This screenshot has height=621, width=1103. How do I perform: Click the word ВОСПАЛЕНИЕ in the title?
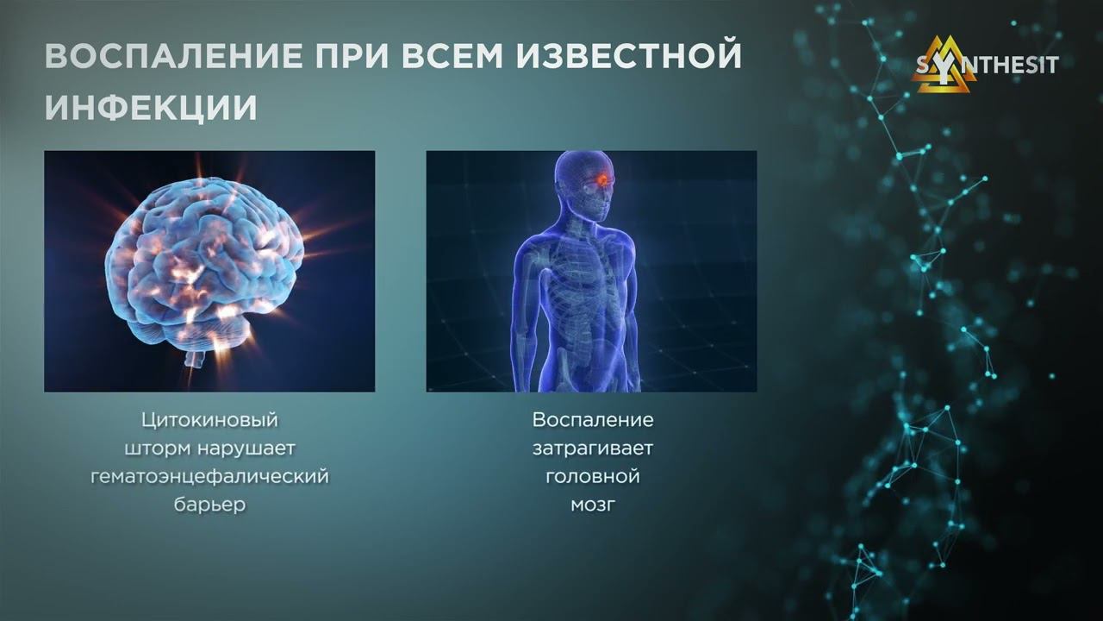coord(174,56)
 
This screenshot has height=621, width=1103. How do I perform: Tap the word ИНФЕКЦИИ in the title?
coord(151,108)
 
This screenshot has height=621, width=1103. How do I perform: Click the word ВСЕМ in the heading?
coord(452,56)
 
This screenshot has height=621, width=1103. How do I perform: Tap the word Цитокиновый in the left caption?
coord(209,420)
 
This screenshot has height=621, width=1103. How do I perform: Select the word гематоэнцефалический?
coord(209,477)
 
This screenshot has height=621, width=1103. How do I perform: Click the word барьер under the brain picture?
coord(209,505)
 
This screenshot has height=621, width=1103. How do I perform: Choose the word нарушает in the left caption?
coord(246,448)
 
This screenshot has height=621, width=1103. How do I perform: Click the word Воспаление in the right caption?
coord(593,420)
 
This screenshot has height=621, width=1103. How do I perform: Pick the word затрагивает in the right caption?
coord(592,448)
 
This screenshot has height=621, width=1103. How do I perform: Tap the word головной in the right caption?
coord(593,477)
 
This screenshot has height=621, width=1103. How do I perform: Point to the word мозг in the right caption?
coord(593,505)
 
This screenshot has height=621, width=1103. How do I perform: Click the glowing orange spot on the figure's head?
coord(602,180)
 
